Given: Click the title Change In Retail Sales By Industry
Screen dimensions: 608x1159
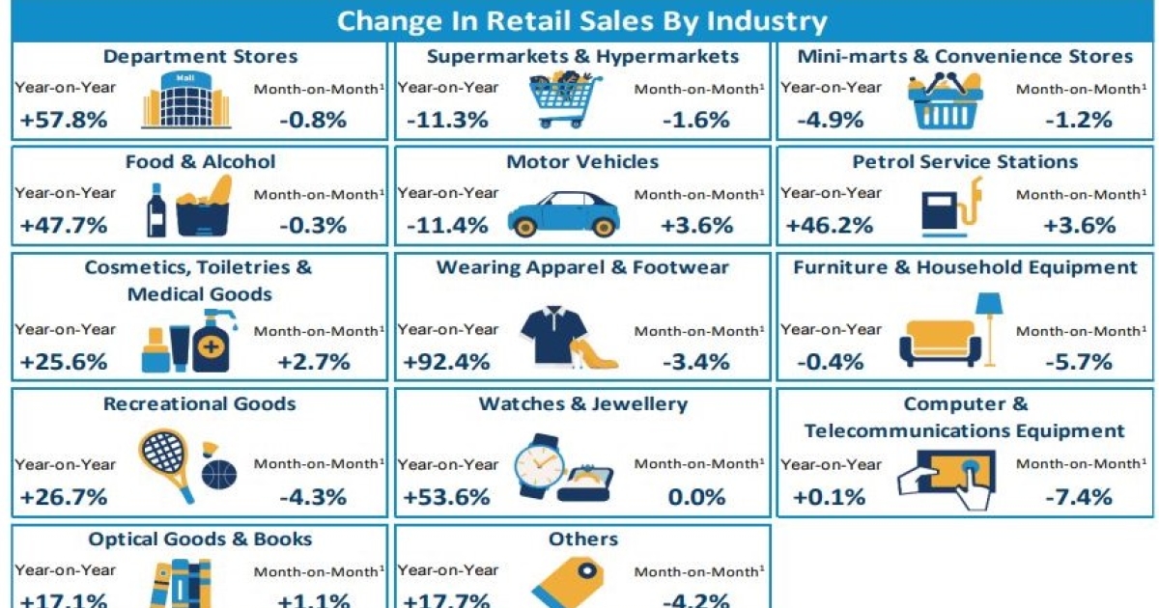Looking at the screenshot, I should (579, 21).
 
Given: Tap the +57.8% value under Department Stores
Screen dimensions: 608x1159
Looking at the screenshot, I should (64, 121).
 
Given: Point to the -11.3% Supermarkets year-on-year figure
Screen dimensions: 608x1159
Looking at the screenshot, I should (447, 121).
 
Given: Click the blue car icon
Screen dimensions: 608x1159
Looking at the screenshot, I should (563, 209).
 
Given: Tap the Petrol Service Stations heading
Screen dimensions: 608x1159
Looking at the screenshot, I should (965, 161).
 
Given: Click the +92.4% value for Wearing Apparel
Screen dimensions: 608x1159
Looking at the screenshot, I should (447, 363).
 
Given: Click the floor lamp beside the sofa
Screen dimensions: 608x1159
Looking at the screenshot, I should (989, 324).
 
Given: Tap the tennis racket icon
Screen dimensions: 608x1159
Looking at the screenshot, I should (165, 456).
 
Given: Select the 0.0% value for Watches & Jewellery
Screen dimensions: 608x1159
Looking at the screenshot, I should (695, 498).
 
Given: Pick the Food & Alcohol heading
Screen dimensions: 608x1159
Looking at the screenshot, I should (200, 161).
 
